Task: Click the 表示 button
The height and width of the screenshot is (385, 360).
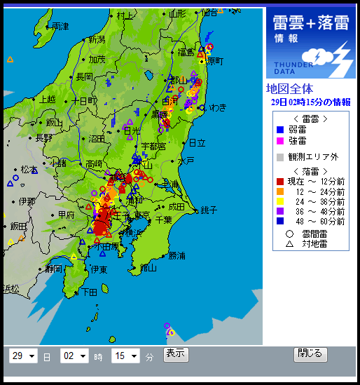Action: point(176,354)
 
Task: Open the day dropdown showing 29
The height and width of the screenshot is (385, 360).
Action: point(23,356)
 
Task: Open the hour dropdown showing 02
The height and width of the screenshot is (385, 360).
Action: point(74,356)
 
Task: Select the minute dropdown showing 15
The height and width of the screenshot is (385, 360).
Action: point(125,356)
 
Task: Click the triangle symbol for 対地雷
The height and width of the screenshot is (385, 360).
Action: point(289,244)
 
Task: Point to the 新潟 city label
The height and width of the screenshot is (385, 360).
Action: point(96,40)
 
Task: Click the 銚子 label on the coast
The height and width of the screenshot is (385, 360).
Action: point(208,210)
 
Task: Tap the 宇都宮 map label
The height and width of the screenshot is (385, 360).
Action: point(153,146)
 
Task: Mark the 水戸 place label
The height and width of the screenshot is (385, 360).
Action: point(186,161)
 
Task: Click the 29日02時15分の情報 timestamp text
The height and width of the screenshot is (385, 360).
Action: point(310,102)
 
